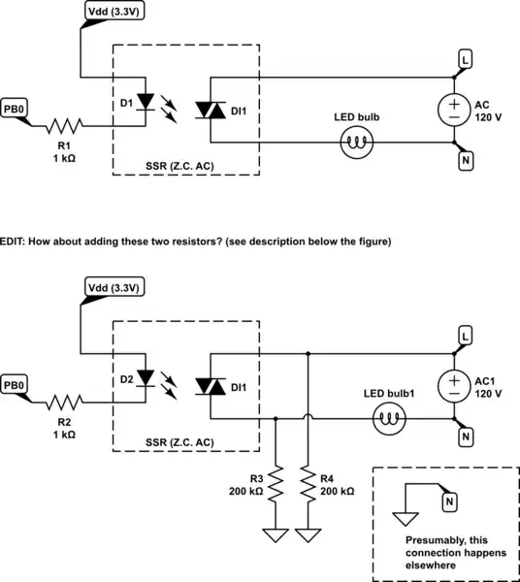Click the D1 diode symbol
tap(146, 101)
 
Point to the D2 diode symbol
tap(146, 376)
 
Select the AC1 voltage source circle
tap(453, 386)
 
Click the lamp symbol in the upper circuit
tap(355, 144)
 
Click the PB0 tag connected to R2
tap(15, 386)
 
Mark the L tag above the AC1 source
tap(466, 336)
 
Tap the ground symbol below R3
tap(276, 534)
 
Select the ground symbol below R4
tap(309, 534)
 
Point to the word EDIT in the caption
tap(14, 241)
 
